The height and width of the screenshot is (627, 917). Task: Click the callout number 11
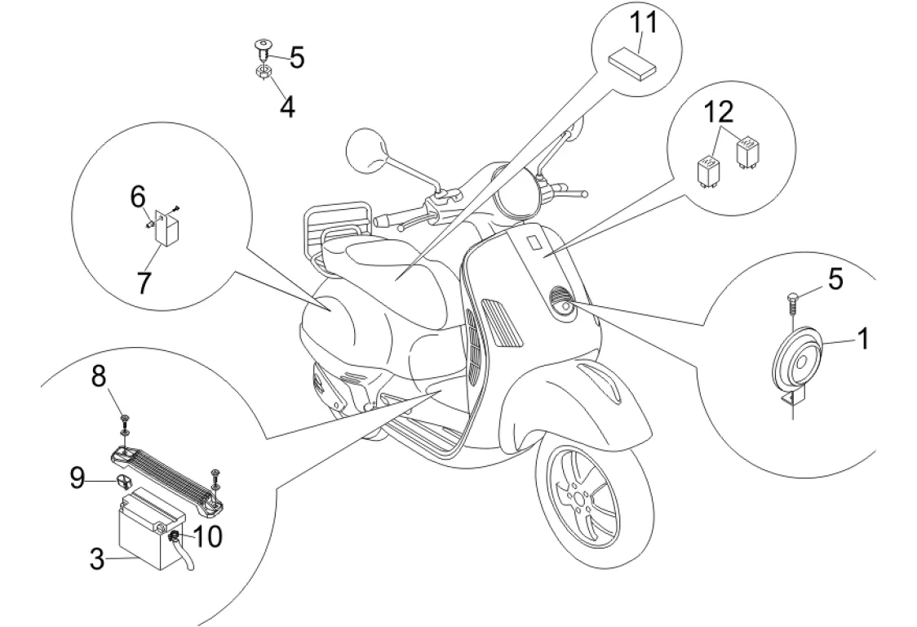643,23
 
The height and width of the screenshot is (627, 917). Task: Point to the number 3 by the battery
96,560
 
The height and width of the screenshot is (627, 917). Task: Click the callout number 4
286,106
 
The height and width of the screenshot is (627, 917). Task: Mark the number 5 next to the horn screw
835,279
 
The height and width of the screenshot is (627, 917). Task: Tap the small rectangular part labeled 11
630,62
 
